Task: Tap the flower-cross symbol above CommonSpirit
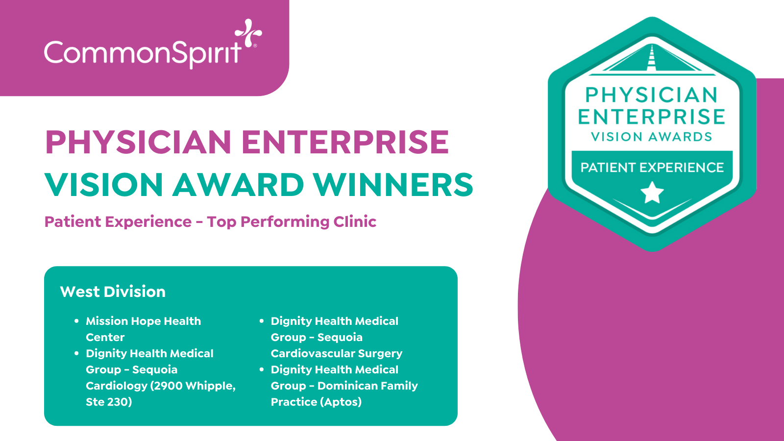pyautogui.click(x=248, y=33)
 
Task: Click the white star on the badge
pyautogui.click(x=652, y=193)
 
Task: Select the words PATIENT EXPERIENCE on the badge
pyautogui.click(x=652, y=168)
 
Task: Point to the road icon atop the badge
pyautogui.click(x=652, y=60)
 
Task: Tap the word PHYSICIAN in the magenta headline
pyautogui.click(x=138, y=142)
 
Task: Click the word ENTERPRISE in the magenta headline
pyautogui.click(x=345, y=142)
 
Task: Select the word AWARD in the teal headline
pyautogui.click(x=238, y=184)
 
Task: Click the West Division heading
pyautogui.click(x=113, y=292)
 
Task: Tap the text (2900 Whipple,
pyautogui.click(x=193, y=386)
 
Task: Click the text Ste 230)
pyautogui.click(x=109, y=402)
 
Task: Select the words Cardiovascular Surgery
pyautogui.click(x=337, y=353)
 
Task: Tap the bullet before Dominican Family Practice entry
pyautogui.click(x=261, y=369)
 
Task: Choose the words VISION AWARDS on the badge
pyautogui.click(x=652, y=137)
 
